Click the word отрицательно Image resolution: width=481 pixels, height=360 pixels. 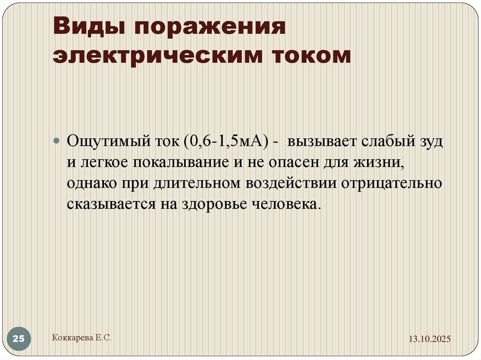391,184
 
